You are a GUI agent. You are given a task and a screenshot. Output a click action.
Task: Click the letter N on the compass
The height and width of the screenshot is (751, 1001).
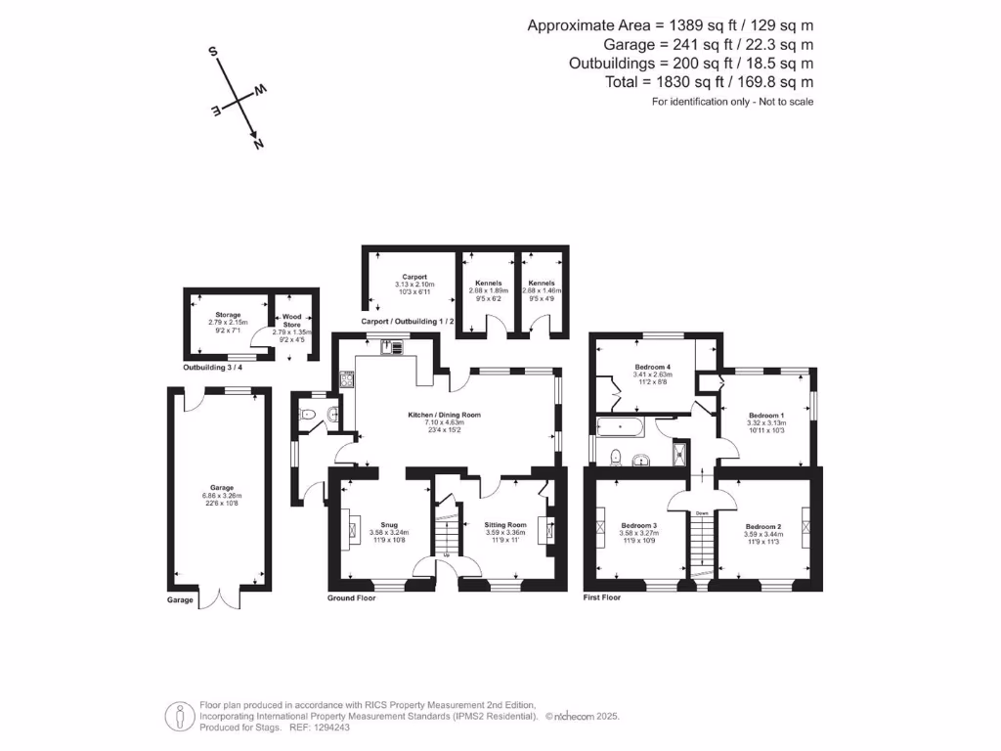[x=259, y=144]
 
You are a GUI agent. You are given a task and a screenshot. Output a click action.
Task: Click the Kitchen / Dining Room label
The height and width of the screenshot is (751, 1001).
[x=445, y=415]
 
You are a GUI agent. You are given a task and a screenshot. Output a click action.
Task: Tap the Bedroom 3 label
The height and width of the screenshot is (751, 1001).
[x=640, y=526]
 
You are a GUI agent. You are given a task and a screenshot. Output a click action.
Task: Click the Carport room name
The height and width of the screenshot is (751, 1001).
[x=404, y=277]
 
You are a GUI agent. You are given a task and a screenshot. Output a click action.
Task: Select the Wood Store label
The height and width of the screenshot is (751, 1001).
[x=292, y=321]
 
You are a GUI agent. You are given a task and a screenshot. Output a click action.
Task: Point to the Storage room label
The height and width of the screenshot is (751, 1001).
[x=228, y=314]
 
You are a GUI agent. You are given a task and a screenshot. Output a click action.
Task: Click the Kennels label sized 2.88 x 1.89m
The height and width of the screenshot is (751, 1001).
[x=488, y=283]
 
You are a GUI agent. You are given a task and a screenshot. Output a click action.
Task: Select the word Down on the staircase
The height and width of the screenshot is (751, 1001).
[x=702, y=512]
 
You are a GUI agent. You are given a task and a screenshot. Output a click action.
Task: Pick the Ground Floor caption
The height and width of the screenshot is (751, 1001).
[x=351, y=596]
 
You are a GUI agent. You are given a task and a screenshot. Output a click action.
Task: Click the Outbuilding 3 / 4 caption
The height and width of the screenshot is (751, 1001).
[x=218, y=368]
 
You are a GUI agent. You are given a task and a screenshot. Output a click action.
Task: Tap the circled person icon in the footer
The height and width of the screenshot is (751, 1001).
[x=178, y=716]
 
